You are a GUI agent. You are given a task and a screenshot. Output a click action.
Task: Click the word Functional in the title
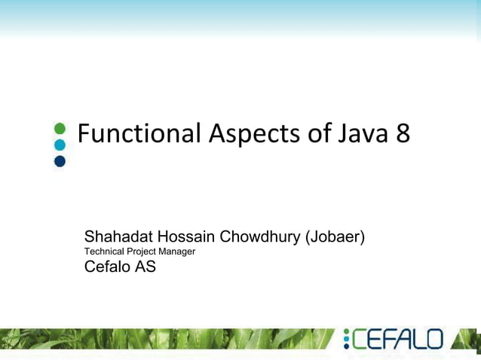pos(139,134)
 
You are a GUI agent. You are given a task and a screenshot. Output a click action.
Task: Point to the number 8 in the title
pos(402,134)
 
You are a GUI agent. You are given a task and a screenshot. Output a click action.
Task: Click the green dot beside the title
pos(60,128)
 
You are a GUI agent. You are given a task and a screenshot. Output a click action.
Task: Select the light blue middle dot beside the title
pos(60,144)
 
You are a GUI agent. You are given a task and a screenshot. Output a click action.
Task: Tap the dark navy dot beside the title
pos(60,160)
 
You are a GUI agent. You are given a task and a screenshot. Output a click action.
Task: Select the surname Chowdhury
pos(259,237)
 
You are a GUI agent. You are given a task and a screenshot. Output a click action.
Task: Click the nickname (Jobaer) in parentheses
pos(335,237)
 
